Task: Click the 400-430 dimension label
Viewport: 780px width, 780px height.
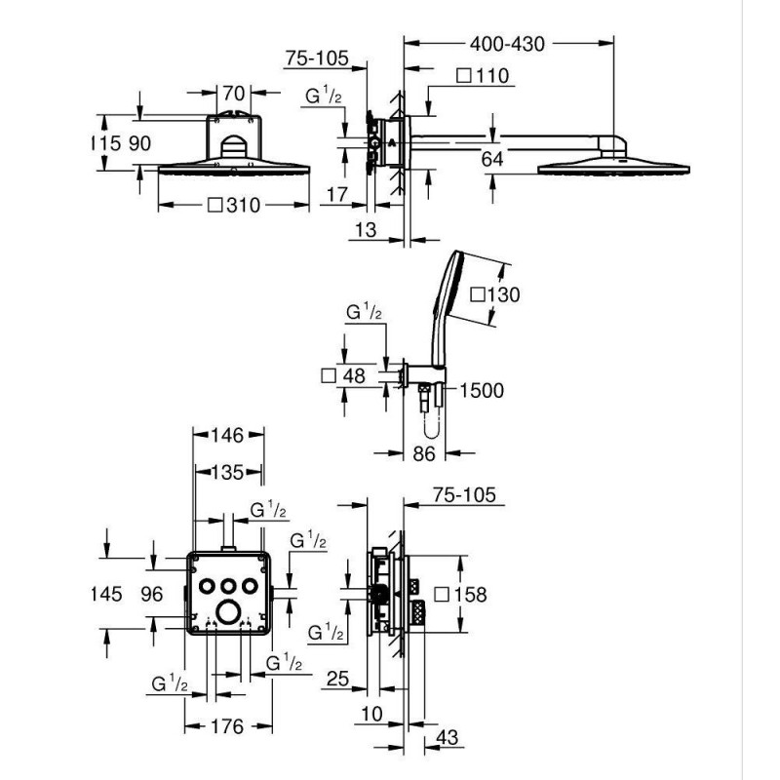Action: coord(507,44)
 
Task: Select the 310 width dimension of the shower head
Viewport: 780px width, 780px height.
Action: coord(243,205)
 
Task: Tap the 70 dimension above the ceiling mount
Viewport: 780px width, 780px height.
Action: coord(233,93)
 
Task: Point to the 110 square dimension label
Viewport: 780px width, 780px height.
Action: coord(492,76)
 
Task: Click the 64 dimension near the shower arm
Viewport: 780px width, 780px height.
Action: coord(492,159)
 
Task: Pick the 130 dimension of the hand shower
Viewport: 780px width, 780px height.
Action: coord(503,294)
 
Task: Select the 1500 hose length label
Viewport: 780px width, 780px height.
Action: coord(482,391)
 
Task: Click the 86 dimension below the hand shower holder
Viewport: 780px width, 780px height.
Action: coord(424,453)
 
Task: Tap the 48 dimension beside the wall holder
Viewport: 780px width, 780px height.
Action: coord(354,375)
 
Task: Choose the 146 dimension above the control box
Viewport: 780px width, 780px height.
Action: coord(227,435)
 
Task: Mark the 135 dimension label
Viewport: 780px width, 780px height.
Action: coord(227,472)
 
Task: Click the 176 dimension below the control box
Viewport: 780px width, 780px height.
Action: coord(227,726)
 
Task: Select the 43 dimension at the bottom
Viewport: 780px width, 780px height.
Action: coord(447,737)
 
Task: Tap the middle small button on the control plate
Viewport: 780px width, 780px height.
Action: coord(228,586)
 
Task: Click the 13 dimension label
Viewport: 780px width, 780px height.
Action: coord(366,230)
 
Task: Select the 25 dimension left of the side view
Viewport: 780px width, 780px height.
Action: coord(337,679)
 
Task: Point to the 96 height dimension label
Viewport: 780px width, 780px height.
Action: coord(152,594)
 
